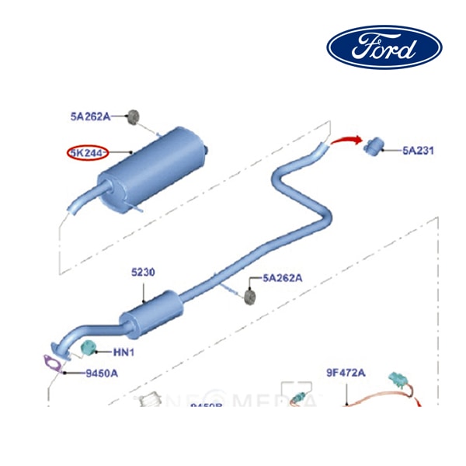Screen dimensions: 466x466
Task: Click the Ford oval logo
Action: (x=384, y=47)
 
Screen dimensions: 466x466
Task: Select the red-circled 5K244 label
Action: (x=87, y=152)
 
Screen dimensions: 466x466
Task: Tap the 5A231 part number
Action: (x=418, y=151)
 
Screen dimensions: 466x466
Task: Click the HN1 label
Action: (x=124, y=353)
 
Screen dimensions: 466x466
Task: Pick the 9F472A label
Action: (x=345, y=373)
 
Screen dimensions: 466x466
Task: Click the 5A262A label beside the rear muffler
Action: (x=91, y=116)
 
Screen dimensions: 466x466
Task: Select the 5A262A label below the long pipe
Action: (x=282, y=277)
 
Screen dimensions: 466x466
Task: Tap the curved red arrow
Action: (x=345, y=141)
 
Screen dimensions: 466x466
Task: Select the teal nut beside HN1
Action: (x=89, y=346)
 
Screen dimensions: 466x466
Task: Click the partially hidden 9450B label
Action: (x=207, y=405)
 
